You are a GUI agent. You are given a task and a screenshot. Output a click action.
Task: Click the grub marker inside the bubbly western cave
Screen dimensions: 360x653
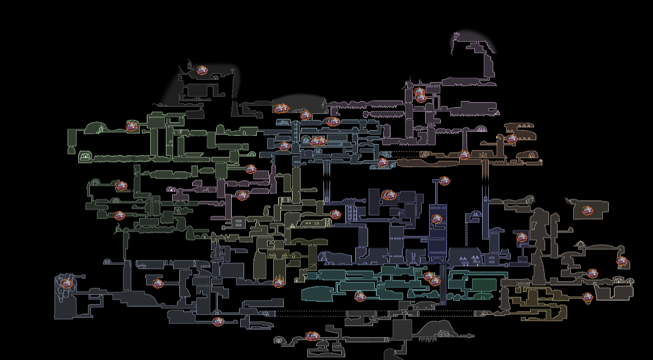point(66,284)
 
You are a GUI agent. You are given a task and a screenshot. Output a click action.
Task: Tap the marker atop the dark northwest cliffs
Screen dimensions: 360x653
point(202,70)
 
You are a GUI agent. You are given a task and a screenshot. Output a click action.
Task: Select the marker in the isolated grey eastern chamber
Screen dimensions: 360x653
point(587,210)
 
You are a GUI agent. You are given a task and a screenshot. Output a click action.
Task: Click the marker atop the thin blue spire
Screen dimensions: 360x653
point(444,181)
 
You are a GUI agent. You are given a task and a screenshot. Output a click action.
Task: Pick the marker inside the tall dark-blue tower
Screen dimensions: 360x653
point(437,219)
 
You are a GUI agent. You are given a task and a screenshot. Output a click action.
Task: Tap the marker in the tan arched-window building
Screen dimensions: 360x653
point(512,139)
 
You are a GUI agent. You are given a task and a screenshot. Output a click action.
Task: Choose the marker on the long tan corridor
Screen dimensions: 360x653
point(464,155)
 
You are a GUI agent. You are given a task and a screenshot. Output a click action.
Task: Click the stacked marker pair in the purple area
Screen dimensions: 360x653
point(420,95)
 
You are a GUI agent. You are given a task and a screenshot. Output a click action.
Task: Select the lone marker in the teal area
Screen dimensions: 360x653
point(360,296)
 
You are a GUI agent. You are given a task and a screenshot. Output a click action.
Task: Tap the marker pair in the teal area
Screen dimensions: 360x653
point(432,278)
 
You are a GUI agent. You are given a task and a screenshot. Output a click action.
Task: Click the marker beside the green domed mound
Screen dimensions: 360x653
point(131,126)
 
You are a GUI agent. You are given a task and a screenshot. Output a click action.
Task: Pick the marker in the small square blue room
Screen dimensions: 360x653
point(522,237)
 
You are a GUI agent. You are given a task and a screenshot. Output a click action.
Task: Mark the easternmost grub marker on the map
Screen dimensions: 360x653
point(622,261)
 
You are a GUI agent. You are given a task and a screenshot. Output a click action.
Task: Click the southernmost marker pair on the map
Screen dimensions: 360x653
point(312,336)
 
